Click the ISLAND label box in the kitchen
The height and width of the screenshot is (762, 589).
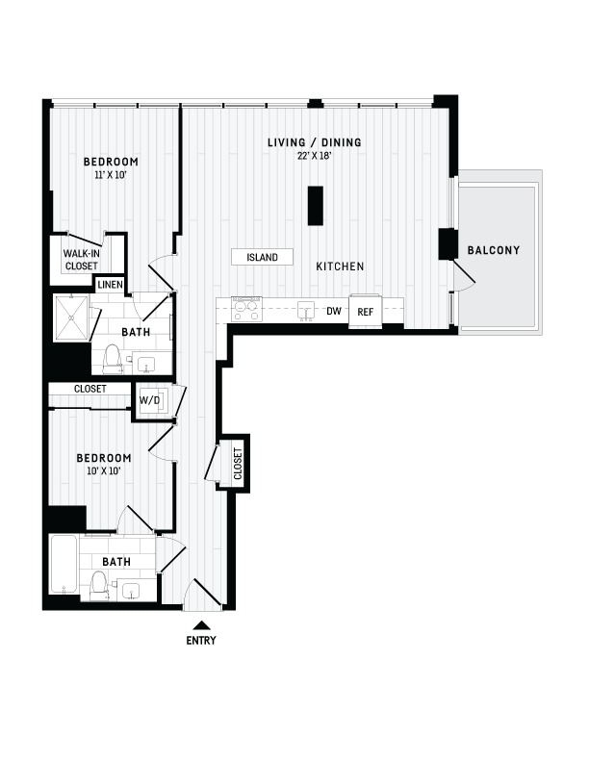[263, 257]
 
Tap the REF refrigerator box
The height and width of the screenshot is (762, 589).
[366, 312]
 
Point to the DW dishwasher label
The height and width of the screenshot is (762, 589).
[334, 311]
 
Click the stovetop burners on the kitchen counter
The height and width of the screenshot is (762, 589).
[246, 310]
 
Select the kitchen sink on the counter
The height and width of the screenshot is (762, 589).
[306, 312]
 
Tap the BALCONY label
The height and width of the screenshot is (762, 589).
[494, 250]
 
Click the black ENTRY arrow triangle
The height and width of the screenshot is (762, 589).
[201, 625]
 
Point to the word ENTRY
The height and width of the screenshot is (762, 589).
[201, 641]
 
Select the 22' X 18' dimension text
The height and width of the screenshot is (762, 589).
[315, 156]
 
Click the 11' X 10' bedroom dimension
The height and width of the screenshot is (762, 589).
[111, 175]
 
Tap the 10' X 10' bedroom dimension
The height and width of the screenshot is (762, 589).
[104, 470]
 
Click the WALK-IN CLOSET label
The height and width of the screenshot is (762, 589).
[82, 260]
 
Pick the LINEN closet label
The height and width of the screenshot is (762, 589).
[111, 284]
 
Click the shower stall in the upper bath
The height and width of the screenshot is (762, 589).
[71, 317]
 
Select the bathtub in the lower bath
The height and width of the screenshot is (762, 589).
[64, 565]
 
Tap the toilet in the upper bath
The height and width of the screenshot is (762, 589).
[113, 359]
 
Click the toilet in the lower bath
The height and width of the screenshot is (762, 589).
[100, 586]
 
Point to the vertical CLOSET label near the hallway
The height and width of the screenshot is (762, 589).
[238, 464]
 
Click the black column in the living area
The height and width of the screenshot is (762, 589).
[316, 206]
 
